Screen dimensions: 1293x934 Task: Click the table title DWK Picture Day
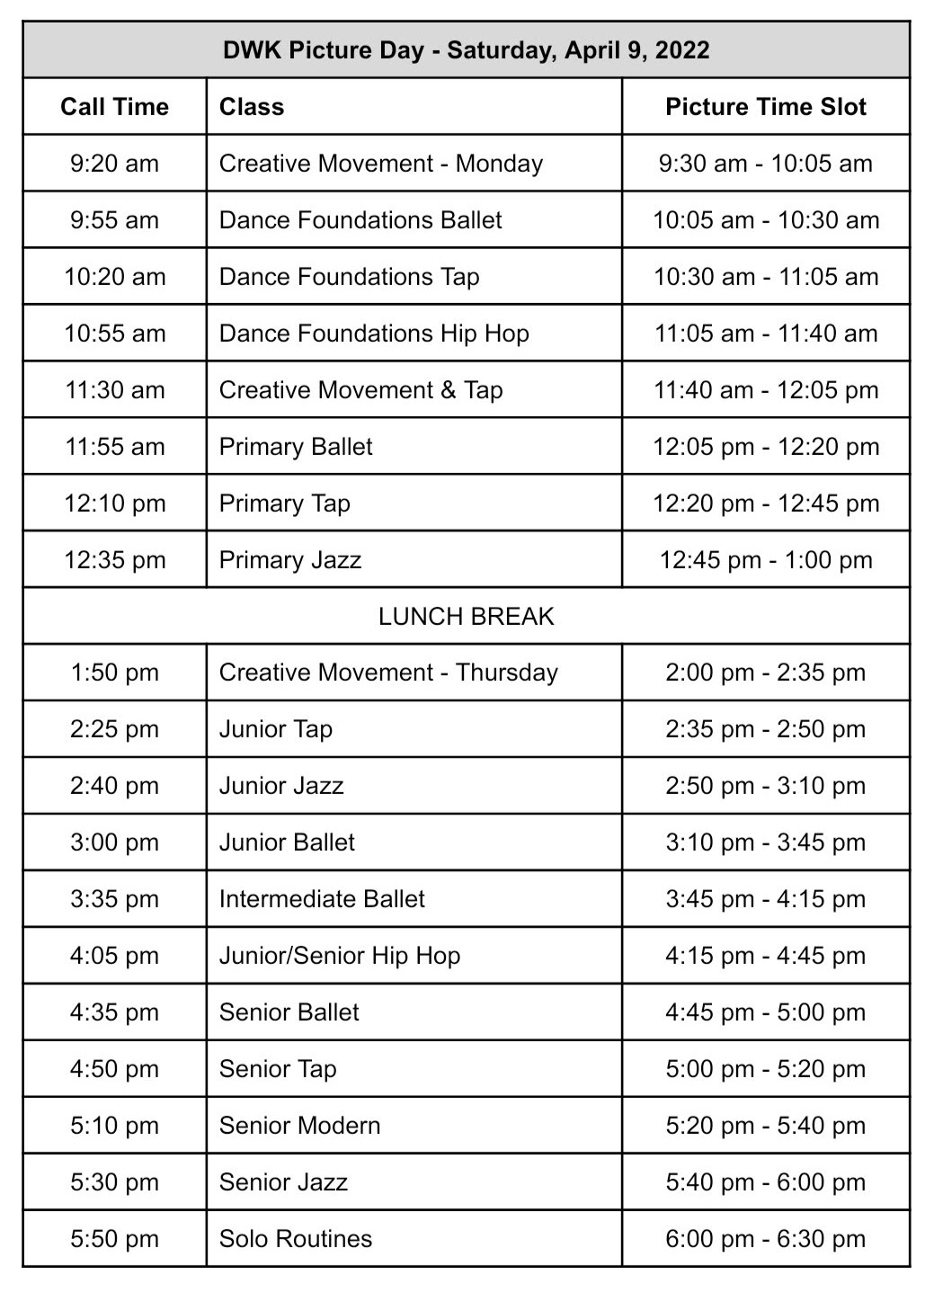466,50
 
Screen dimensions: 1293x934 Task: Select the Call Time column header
114,107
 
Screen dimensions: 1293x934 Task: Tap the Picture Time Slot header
765,107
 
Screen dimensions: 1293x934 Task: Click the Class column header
252,107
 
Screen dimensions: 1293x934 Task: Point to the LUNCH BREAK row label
466,617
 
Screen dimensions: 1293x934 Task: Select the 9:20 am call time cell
114,164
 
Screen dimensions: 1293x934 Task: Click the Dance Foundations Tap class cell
349,277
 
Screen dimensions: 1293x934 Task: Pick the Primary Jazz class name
289,560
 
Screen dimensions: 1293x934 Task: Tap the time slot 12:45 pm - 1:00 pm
765,560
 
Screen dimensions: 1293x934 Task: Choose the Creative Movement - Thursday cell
388,673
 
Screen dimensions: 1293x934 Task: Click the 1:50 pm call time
114,673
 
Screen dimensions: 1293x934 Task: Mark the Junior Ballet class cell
287,843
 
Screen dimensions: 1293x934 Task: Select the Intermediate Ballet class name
322,899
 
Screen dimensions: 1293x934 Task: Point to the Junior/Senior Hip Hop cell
340,956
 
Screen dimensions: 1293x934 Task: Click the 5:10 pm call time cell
114,1126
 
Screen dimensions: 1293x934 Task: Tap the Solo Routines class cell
295,1239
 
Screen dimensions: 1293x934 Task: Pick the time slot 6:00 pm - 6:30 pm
765,1239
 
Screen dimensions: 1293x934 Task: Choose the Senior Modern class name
299,1126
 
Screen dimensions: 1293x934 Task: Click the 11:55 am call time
114,447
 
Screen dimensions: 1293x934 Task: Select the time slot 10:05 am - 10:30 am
765,220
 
